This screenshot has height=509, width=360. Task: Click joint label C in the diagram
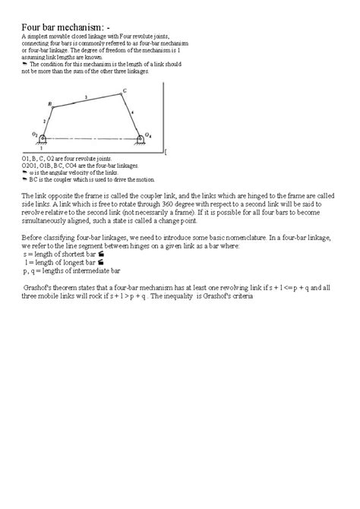pyautogui.click(x=125, y=91)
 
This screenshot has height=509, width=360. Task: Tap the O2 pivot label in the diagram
pyautogui.click(x=35, y=133)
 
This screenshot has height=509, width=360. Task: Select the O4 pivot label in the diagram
pyautogui.click(x=149, y=135)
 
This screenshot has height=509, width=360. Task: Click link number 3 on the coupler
pyautogui.click(x=86, y=96)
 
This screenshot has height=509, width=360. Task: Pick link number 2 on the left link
pyautogui.click(x=45, y=120)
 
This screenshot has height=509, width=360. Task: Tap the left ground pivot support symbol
pyautogui.click(x=43, y=139)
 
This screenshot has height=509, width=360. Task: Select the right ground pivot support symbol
pyautogui.click(x=141, y=140)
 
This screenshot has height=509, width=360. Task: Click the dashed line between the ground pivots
pyautogui.click(x=91, y=138)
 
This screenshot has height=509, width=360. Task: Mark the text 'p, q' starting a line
pyautogui.click(x=31, y=270)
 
